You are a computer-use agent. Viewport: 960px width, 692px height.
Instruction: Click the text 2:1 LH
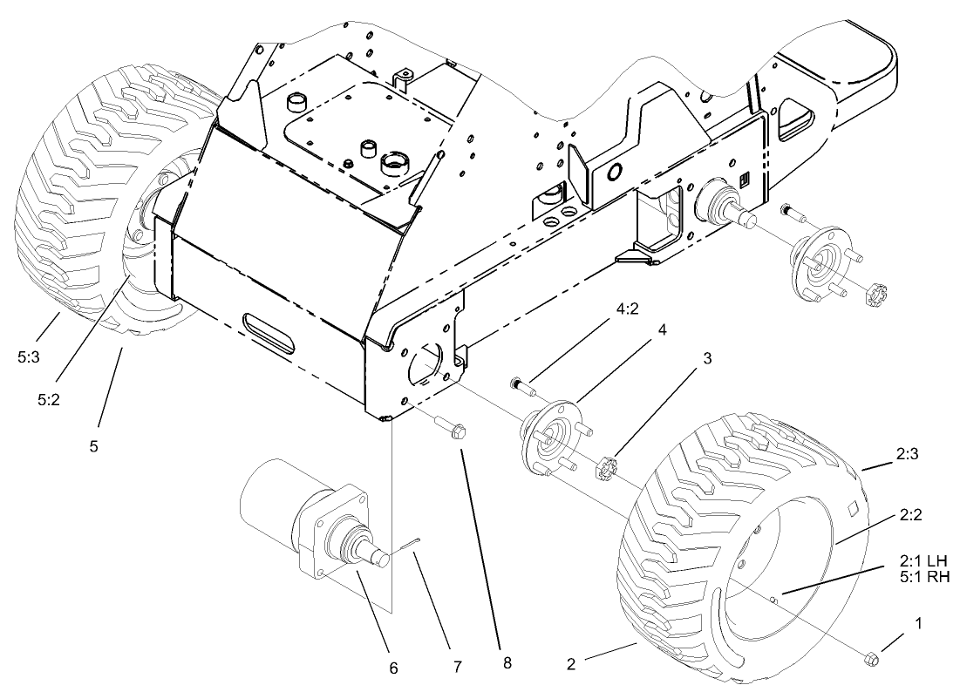point(923,560)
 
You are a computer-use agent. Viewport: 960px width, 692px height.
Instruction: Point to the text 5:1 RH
point(923,576)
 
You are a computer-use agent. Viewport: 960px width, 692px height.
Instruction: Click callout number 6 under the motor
point(393,668)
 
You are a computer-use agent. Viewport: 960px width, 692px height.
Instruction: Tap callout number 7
point(458,666)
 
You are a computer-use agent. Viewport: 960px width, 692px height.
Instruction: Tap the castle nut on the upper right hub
point(873,295)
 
